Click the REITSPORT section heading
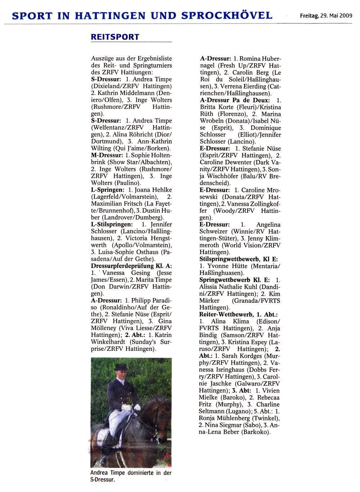pyautogui.click(x=115, y=37)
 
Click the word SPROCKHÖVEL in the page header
pyautogui.click(x=227, y=15)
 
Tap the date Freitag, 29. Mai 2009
pyautogui.click(x=326, y=16)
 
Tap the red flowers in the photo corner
pyautogui.click(x=167, y=458)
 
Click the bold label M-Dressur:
pyautogui.click(x=107, y=155)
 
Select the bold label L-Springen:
pyautogui.click(x=108, y=190)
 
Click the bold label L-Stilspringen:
pyautogui.click(x=112, y=224)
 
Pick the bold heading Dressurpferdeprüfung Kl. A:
pyautogui.click(x=131, y=266)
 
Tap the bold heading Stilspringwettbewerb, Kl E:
pyautogui.click(x=239, y=259)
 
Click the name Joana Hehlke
pyautogui.click(x=153, y=190)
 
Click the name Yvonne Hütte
pyautogui.click(x=226, y=266)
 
